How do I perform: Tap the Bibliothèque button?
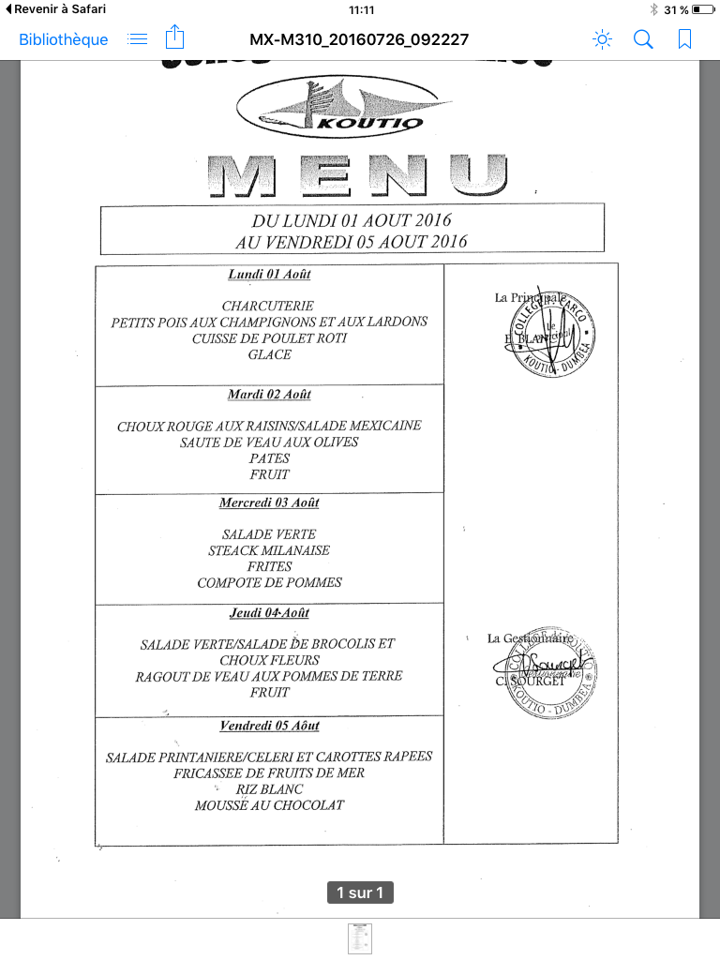coord(64,39)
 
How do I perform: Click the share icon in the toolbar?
coord(174,38)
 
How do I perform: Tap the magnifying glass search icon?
coord(643,39)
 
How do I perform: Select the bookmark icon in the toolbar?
coord(685,39)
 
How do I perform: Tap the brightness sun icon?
coord(602,39)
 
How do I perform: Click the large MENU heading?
coord(357,175)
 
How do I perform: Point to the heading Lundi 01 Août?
coord(269,275)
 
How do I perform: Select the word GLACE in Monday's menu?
coord(269,354)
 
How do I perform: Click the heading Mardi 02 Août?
coord(269,395)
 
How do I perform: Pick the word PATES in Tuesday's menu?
coord(269,458)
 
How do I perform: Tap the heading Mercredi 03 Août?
coord(269,502)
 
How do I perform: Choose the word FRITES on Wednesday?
coord(269,566)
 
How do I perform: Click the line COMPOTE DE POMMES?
coord(269,582)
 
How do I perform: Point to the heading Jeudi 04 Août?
coord(269,613)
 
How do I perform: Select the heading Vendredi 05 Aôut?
coord(269,726)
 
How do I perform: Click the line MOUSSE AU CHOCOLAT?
coord(269,805)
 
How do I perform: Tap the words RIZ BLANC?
coord(269,789)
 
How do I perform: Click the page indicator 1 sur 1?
coord(360,892)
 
